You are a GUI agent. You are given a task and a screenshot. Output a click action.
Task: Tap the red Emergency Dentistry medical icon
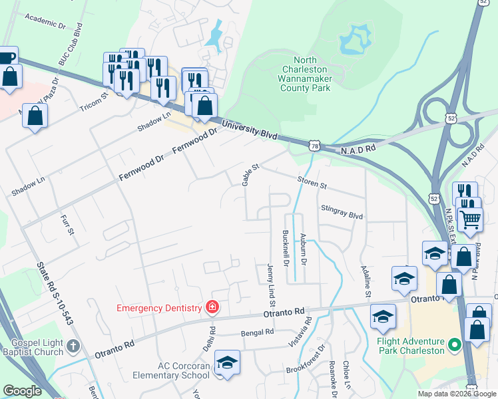(212, 307)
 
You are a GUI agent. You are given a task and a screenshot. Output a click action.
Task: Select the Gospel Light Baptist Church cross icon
(73, 346)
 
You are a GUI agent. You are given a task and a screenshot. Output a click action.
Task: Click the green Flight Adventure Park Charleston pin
(455, 344)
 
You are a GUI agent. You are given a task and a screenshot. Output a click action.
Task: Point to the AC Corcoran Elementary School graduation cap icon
(227, 362)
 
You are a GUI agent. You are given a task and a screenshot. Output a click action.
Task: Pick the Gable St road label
(250, 176)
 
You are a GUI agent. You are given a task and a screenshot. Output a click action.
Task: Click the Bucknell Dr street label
(285, 248)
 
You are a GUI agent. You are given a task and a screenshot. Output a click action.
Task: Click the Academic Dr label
(45, 21)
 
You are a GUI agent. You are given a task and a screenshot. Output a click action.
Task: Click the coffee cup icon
(6, 58)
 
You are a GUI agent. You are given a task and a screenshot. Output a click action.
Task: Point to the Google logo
(22, 391)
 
